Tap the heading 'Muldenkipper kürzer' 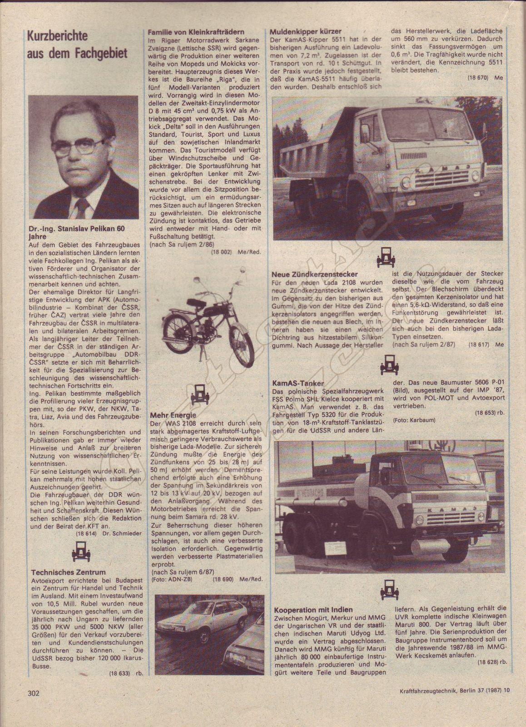[x=306, y=32]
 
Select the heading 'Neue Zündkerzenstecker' [x=315, y=274]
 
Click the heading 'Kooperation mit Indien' [x=313, y=609]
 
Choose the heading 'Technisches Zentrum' [x=69, y=572]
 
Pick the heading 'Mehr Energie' [x=173, y=415]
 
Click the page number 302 [x=34, y=706]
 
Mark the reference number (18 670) [x=477, y=78]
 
